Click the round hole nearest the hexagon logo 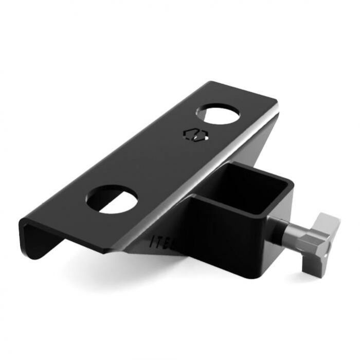tap(220, 117)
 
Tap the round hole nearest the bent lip tap(112, 199)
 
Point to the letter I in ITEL tap(153, 239)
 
